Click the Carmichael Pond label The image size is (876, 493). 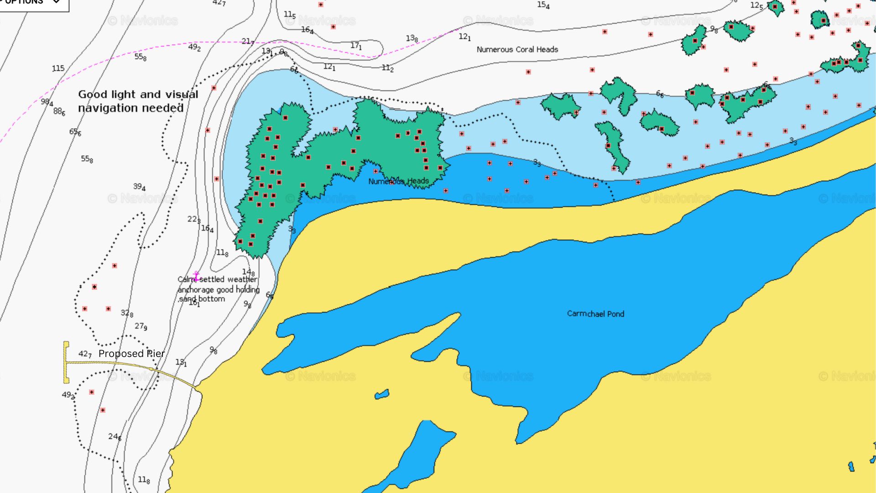595,314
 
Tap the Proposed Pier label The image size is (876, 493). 131,354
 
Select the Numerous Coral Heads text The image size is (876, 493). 517,49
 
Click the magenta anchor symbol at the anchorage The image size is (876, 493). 196,276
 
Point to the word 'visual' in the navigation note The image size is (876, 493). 182,94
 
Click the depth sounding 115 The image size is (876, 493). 58,68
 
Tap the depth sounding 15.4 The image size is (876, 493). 543,5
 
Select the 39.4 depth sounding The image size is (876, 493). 139,187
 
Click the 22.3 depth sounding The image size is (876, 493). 193,220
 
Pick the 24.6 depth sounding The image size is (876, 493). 115,437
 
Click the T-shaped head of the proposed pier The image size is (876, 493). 66,362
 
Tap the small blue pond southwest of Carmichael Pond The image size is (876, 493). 382,394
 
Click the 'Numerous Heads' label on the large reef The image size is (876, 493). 398,181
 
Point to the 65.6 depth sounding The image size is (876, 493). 75,132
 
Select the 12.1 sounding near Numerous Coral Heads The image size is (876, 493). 464,37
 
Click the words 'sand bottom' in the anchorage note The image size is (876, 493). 202,299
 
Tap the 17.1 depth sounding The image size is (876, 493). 356,46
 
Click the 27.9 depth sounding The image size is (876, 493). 141,326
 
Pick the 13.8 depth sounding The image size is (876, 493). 412,38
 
